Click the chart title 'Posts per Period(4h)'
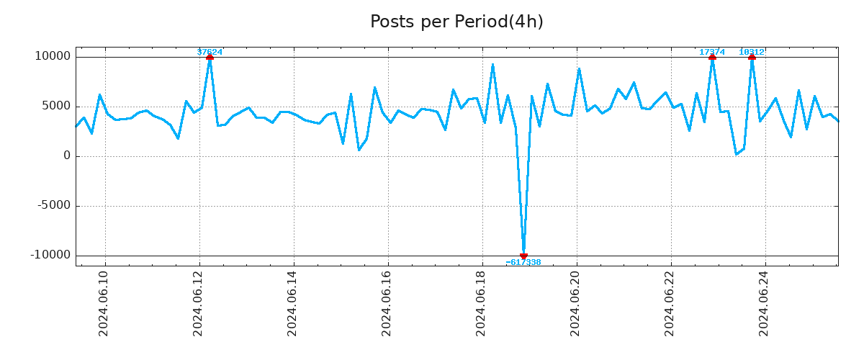[456, 22]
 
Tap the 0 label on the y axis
[67, 156]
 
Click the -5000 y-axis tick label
[54, 205]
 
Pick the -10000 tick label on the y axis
[50, 255]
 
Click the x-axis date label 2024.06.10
[104, 303]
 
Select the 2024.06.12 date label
[198, 303]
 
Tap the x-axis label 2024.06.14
[292, 303]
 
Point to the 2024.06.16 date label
[387, 303]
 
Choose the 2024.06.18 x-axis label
[481, 303]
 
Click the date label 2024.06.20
[575, 303]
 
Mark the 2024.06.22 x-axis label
[670, 303]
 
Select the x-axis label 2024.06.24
[764, 303]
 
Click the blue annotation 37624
[210, 52]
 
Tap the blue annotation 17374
[712, 52]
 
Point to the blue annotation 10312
[752, 52]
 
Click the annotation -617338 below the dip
[523, 262]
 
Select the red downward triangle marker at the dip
[523, 256]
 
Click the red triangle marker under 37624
[210, 57]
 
